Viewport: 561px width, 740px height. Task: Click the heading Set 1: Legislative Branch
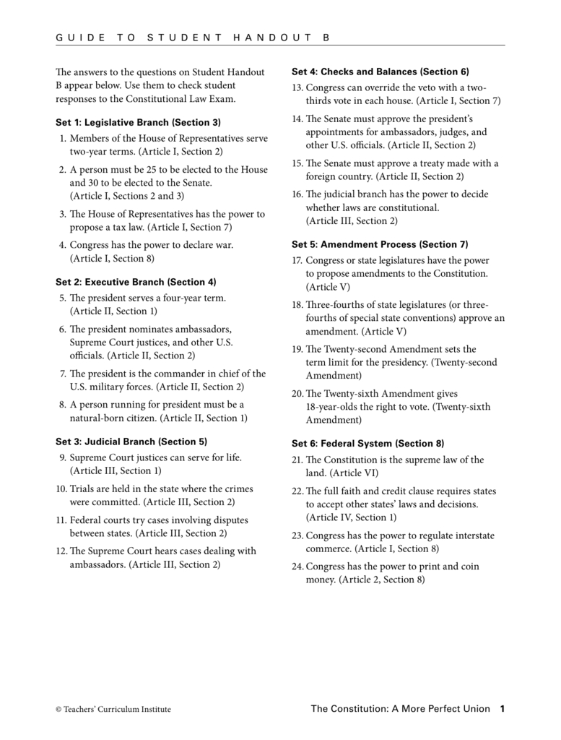(138, 122)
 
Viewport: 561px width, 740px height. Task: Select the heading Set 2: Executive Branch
(136, 282)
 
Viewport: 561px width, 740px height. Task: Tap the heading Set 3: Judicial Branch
(131, 441)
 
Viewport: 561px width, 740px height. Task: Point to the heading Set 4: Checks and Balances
(380, 72)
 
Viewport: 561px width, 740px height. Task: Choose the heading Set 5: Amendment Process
(380, 244)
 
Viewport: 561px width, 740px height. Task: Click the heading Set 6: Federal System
(368, 443)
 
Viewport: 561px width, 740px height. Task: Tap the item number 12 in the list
(61, 551)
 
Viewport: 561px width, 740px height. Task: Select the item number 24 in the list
(297, 567)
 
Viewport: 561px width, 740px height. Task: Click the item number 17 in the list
(297, 260)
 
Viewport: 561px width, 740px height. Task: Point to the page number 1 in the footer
(502, 709)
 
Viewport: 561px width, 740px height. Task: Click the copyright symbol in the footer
(58, 710)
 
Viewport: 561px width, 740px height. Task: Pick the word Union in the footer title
(474, 709)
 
